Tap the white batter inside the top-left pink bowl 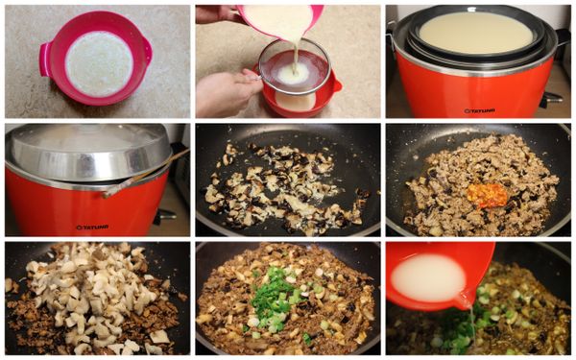[x=98, y=63]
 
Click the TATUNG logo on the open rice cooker [x=479, y=109]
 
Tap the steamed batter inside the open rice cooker [x=476, y=32]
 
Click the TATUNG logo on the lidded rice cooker [x=92, y=227]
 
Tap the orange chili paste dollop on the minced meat [x=487, y=195]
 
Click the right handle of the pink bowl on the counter [x=148, y=44]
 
